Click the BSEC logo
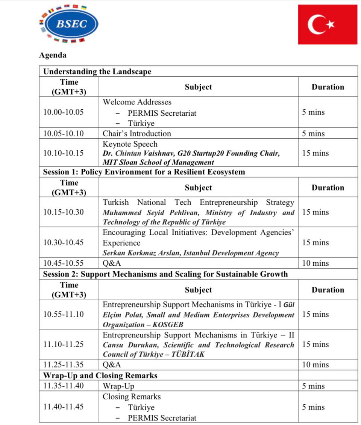[69, 24]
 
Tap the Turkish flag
[327, 24]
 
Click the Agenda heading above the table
[53, 55]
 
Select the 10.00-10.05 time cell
[64, 112]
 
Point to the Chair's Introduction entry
[137, 133]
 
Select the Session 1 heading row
[144, 172]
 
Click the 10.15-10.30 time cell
[64, 212]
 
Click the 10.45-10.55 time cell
[64, 263]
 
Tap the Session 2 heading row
[165, 274]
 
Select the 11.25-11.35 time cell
[64, 365]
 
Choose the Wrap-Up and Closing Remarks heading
[100, 375]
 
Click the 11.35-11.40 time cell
[64, 386]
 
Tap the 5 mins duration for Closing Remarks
[313, 407]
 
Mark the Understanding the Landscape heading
[97, 71]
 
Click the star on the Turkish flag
[330, 24]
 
